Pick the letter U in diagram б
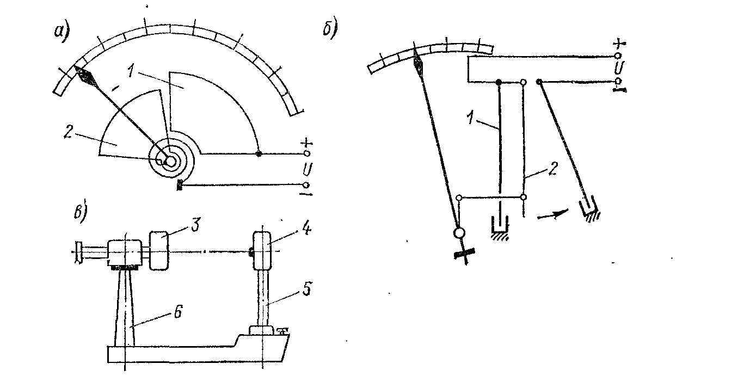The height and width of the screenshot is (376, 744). [617, 68]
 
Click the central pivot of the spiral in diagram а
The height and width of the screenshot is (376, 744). [169, 161]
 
